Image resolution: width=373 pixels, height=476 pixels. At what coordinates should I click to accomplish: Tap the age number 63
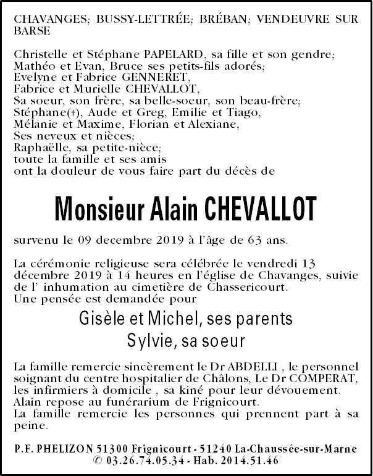(x=256, y=240)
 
